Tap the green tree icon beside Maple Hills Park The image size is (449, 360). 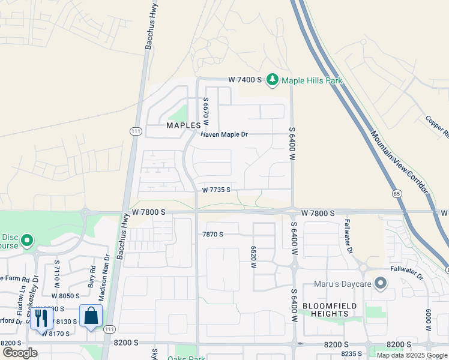(273, 79)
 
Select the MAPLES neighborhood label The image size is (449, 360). (184, 125)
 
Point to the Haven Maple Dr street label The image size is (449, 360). (224, 134)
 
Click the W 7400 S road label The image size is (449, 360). (245, 79)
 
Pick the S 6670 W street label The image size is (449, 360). (206, 112)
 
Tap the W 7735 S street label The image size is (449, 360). (217, 190)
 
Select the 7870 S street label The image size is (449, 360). (213, 234)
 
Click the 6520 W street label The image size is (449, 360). (254, 257)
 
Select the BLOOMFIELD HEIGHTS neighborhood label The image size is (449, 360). (330, 310)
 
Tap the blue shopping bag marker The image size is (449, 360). (91, 316)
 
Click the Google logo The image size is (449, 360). (20, 353)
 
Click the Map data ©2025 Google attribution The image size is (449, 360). (412, 355)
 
